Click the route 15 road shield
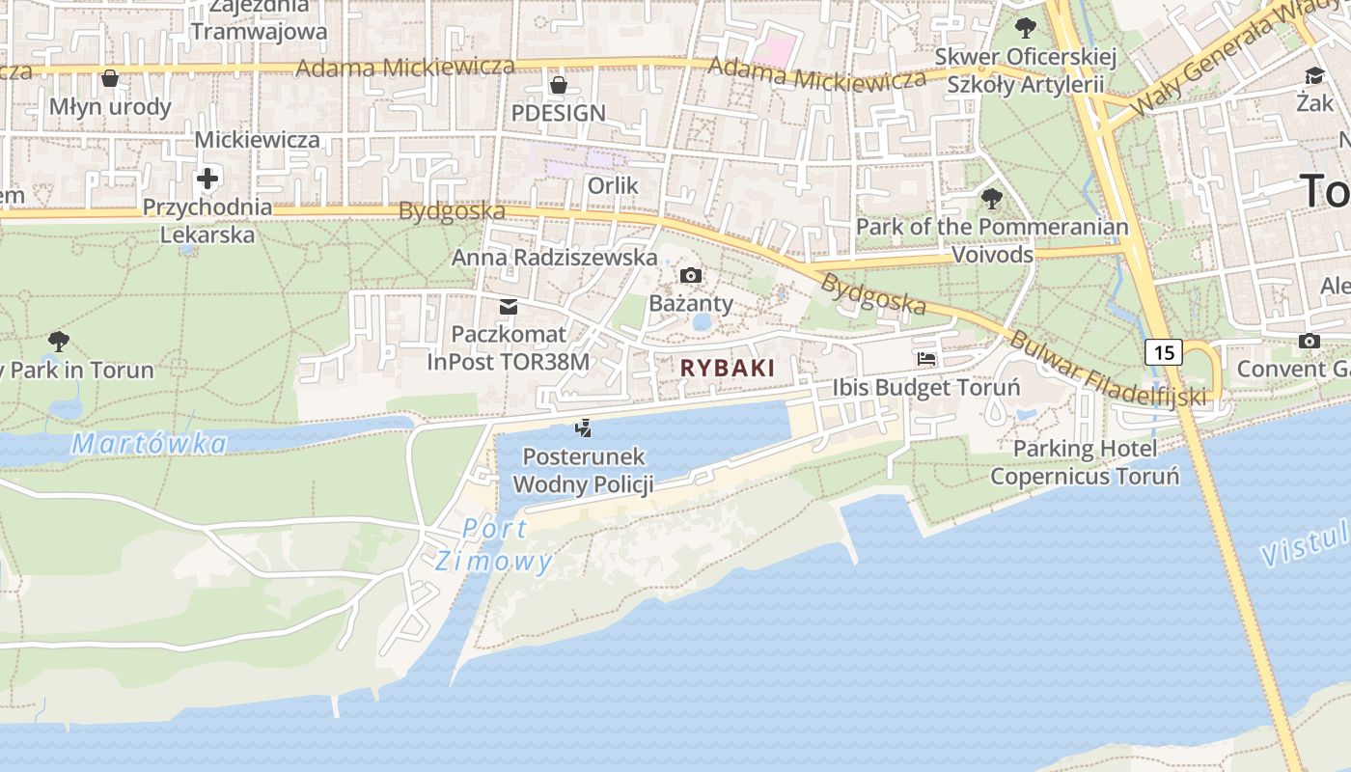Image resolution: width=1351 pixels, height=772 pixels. tap(1164, 352)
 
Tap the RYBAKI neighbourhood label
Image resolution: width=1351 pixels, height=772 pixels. tap(728, 368)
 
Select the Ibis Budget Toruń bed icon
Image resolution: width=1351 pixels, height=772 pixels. tap(926, 359)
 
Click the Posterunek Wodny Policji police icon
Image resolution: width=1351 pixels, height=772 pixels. tap(583, 428)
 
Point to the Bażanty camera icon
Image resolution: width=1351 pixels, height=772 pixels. tap(690, 276)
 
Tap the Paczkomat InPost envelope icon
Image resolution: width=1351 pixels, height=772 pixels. tap(508, 307)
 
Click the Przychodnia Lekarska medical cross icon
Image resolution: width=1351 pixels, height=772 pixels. tap(207, 179)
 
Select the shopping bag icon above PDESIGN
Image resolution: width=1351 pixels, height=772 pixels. tap(558, 85)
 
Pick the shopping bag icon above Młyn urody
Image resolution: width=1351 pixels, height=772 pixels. tap(110, 78)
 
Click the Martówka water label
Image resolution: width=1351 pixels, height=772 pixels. tap(150, 444)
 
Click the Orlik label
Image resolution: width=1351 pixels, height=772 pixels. tap(613, 185)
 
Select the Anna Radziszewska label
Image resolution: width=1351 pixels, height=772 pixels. tap(554, 258)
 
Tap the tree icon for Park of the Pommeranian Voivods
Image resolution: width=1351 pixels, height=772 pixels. tap(991, 200)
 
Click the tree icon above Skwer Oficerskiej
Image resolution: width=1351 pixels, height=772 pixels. tap(1025, 28)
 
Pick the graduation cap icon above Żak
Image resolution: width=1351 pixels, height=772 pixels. tap(1314, 76)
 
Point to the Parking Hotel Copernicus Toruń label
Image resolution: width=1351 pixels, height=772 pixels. tap(1085, 462)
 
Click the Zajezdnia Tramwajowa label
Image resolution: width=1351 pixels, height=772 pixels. tap(259, 18)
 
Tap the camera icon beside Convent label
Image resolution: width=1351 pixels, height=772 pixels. tap(1310, 341)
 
